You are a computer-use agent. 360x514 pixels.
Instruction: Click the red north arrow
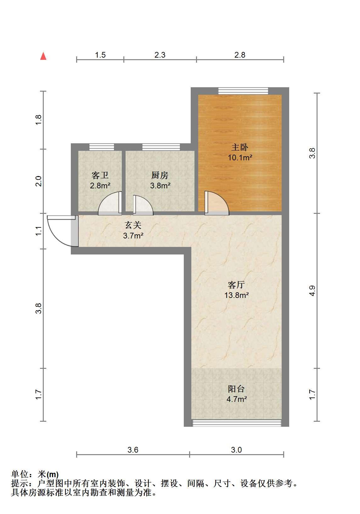tap(43, 56)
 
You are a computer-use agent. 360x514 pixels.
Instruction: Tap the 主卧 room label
tap(239, 147)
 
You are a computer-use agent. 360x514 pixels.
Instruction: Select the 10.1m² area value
tap(240, 158)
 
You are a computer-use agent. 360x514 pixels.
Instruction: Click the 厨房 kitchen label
tap(160, 175)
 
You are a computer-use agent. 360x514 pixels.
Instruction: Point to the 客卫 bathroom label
tap(100, 175)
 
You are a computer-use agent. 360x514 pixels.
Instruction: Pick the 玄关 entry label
tap(133, 225)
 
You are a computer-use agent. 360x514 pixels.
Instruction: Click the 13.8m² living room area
tap(236, 295)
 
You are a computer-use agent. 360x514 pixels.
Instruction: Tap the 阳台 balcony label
tap(236, 389)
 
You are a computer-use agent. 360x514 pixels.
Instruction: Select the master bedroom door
tap(217, 203)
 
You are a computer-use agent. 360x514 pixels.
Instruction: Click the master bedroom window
tap(243, 91)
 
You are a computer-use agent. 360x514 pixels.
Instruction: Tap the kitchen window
tap(161, 147)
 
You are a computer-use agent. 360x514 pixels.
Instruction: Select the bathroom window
tap(102, 147)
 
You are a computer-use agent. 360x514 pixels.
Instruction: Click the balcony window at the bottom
tap(237, 423)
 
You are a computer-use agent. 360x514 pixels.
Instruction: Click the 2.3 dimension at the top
tap(160, 55)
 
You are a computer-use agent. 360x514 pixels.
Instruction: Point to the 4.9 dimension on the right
tap(312, 291)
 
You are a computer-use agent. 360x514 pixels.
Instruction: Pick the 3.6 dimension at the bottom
tap(133, 450)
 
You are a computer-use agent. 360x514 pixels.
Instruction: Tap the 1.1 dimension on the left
tap(38, 231)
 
